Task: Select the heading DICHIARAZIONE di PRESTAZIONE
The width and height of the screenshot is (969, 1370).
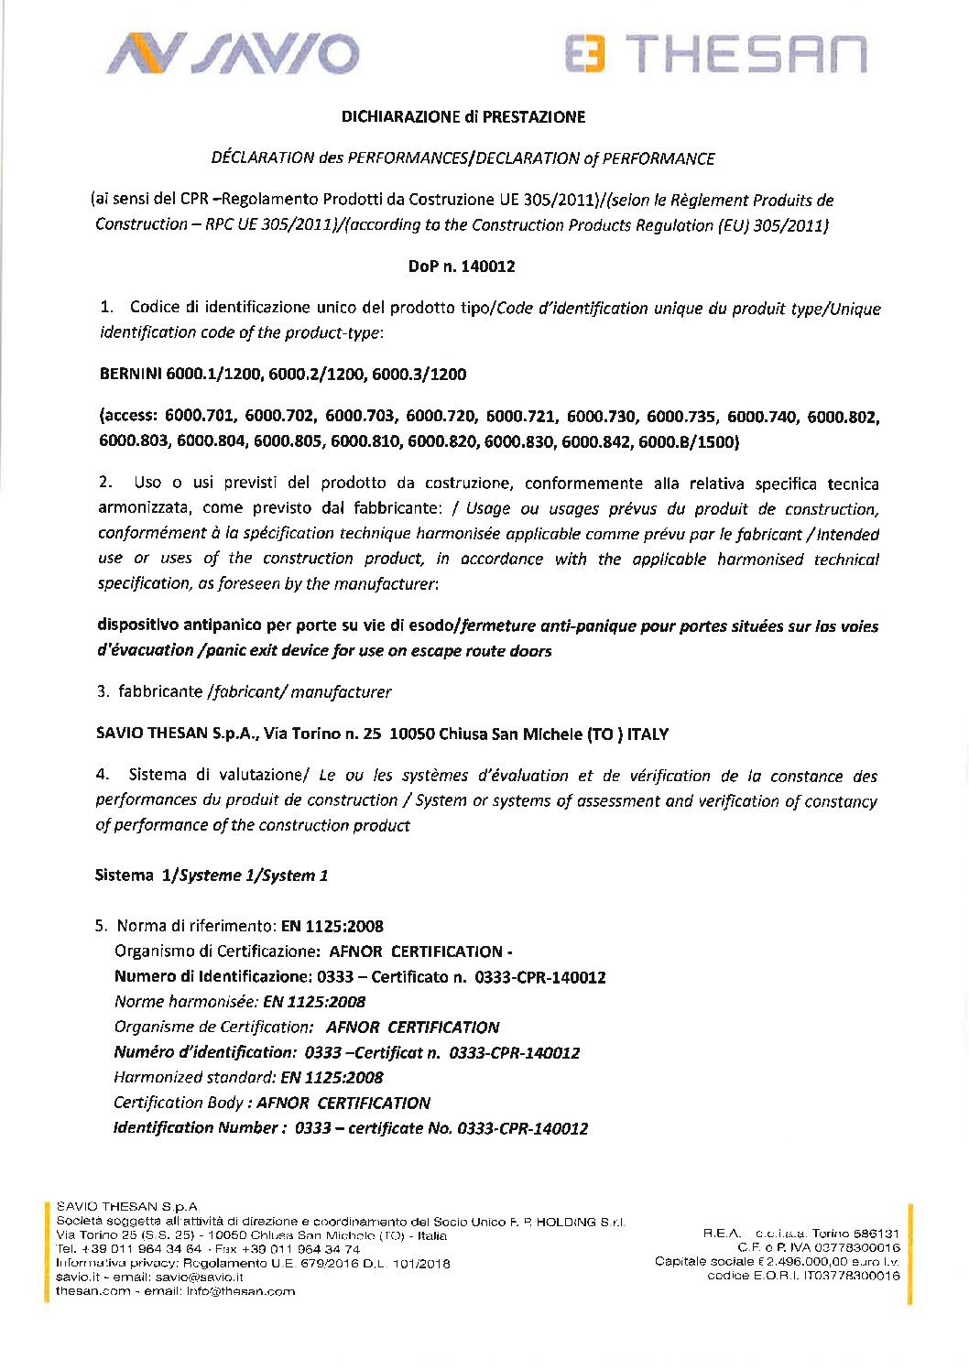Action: click(463, 116)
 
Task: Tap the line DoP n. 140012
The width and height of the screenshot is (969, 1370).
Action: click(462, 266)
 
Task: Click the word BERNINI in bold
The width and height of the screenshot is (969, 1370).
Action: click(129, 375)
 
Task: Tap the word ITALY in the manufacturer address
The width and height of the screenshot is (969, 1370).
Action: click(648, 734)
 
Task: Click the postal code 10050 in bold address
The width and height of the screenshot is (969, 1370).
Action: click(410, 734)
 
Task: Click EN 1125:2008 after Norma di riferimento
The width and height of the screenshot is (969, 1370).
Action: click(332, 926)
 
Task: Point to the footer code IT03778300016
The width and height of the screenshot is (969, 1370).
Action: click(852, 1276)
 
